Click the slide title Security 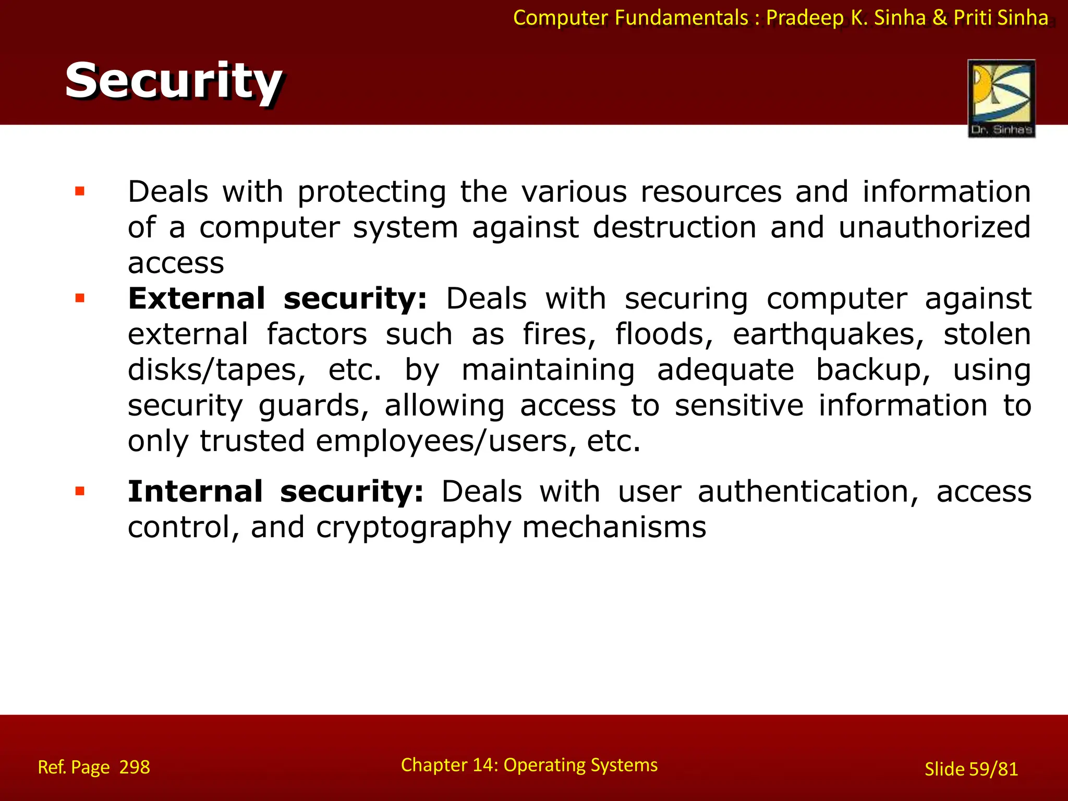click(173, 81)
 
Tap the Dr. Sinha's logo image click(1001, 98)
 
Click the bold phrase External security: click(277, 299)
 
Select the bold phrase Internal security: click(275, 492)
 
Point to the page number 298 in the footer click(135, 767)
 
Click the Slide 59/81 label click(971, 769)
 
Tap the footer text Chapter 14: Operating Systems click(529, 764)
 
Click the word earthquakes click(828, 335)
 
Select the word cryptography click(414, 528)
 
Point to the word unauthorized click(934, 228)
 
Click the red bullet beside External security click(80, 299)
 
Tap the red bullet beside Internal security click(80, 491)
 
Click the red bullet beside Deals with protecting click(80, 191)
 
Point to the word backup click(872, 371)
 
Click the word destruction click(674, 228)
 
